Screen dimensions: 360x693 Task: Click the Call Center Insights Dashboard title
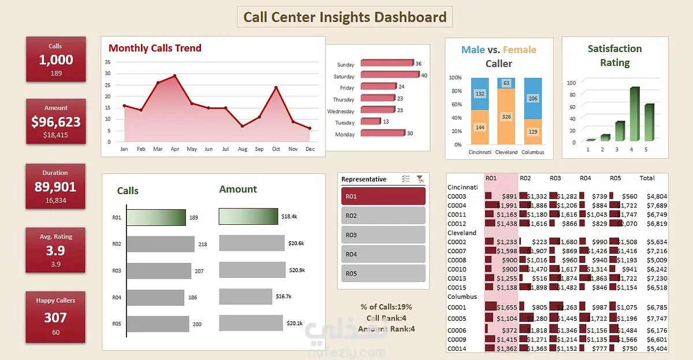[345, 17]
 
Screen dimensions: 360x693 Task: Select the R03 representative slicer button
[383, 235]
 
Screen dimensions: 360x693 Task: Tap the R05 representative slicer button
[383, 273]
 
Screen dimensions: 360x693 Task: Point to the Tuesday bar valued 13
[370, 121]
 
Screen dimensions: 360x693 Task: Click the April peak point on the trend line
[174, 76]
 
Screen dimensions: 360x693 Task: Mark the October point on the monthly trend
[276, 87]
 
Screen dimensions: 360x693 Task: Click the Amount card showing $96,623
[55, 121]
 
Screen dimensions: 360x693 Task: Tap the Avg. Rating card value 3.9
[55, 251]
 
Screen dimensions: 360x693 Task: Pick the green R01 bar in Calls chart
[156, 218]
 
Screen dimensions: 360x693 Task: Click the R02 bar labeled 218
[161, 244]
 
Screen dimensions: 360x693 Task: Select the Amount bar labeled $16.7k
[245, 296]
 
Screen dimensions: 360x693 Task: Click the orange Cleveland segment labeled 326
[507, 117]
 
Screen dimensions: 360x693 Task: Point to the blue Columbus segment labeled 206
[533, 98]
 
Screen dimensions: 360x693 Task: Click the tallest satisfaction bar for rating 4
[634, 114]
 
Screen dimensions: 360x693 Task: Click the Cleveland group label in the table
[462, 233]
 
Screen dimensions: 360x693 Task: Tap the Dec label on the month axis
[310, 149]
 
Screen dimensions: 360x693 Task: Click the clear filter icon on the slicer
[420, 179]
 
